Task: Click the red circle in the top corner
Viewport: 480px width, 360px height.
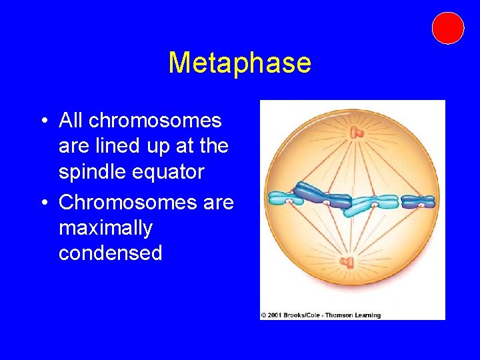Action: (447, 28)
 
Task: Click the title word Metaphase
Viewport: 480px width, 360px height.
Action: (239, 63)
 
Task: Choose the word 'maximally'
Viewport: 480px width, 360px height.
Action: (105, 227)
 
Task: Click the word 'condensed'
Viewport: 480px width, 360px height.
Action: (110, 253)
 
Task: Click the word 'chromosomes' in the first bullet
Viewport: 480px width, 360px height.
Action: (155, 121)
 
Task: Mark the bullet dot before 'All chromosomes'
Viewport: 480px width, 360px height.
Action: (43, 121)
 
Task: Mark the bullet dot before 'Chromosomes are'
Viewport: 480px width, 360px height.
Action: (43, 202)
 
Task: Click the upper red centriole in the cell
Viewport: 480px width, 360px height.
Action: (357, 133)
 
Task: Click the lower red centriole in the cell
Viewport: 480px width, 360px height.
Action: (347, 262)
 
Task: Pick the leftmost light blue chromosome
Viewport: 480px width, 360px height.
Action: (286, 198)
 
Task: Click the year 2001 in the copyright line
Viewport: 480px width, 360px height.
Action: (275, 315)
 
